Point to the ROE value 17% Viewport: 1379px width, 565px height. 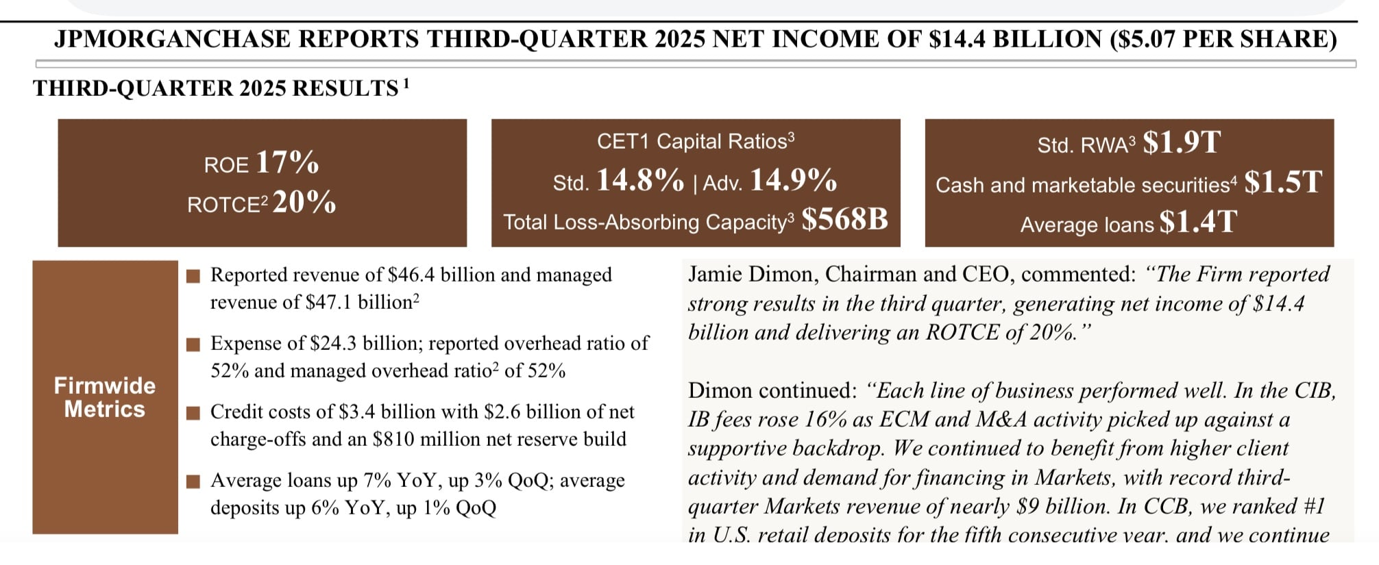[287, 162]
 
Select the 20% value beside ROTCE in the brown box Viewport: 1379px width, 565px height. [304, 202]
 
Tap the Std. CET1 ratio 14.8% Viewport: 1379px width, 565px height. [640, 180]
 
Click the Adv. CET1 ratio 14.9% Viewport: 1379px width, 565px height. [794, 180]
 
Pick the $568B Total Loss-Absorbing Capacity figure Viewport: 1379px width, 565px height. [844, 219]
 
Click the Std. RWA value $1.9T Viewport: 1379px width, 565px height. [1182, 142]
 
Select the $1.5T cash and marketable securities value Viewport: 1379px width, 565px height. [1283, 182]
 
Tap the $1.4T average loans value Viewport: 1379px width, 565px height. [1198, 222]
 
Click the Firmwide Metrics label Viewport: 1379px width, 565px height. [105, 397]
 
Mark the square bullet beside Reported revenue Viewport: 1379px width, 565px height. [194, 275]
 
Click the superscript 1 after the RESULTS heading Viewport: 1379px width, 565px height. [406, 84]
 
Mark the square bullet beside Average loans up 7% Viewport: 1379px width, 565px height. [194, 481]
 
